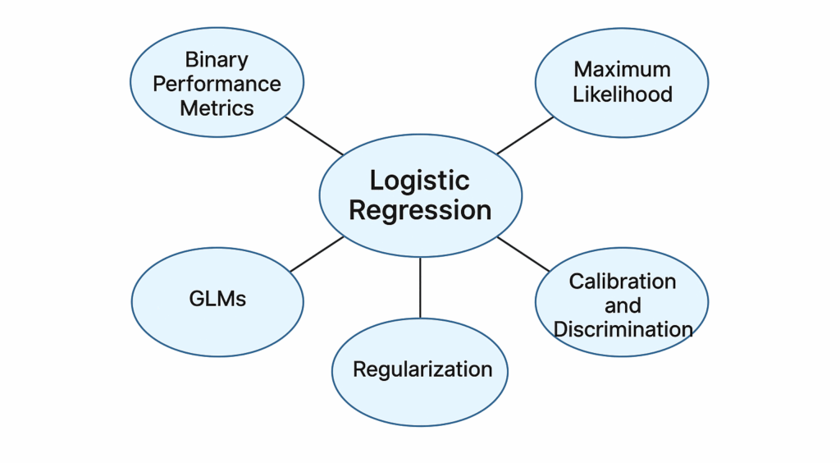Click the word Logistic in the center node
tap(419, 181)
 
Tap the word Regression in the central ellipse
tap(420, 210)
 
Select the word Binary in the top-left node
tap(217, 59)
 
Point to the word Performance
tap(217, 84)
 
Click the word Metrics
tap(217, 108)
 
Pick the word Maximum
tap(622, 70)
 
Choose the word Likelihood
tap(622, 94)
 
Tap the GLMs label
tap(217, 299)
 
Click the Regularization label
tap(422, 369)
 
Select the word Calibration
tap(623, 282)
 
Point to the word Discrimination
tap(623, 329)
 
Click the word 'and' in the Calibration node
tap(623, 305)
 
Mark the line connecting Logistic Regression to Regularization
tap(420, 287)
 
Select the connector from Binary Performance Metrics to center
tap(314, 135)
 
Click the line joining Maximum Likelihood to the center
tap(526, 135)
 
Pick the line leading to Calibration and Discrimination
tap(523, 254)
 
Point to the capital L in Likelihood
tap(577, 94)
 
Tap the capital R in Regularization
tap(358, 369)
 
